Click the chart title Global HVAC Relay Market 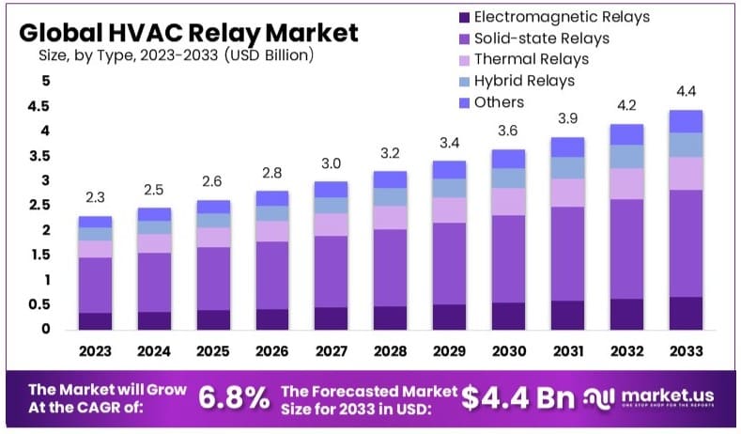click(188, 32)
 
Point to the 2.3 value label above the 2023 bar click(95, 198)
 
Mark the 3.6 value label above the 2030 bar click(508, 131)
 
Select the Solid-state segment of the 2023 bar click(95, 285)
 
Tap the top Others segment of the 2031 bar click(567, 147)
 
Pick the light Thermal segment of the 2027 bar click(331, 225)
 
